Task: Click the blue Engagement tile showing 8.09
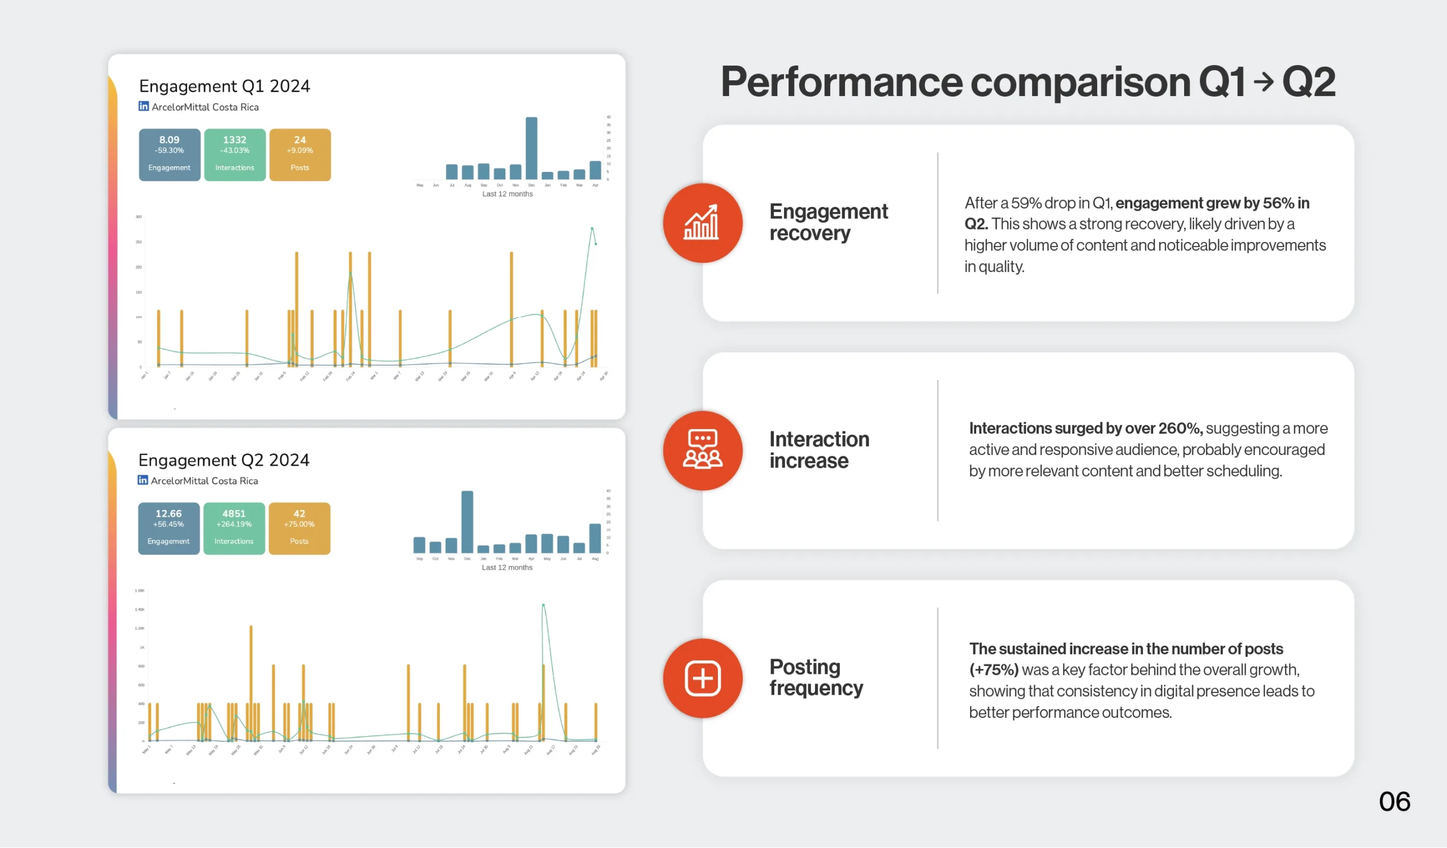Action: (x=170, y=154)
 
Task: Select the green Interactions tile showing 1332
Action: (x=235, y=154)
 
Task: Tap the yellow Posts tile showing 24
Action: (x=300, y=154)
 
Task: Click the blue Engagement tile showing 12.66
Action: (x=169, y=528)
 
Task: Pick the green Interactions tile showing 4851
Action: (x=233, y=528)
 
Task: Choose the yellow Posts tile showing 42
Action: (x=299, y=528)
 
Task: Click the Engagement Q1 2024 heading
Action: (x=224, y=86)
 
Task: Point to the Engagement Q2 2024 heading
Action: (x=224, y=460)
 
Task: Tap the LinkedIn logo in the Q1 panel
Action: (x=144, y=106)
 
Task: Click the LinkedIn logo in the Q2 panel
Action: (x=143, y=480)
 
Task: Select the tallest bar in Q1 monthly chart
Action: (x=531, y=148)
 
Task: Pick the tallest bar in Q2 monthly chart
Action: (x=467, y=521)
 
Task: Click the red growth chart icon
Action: (x=702, y=223)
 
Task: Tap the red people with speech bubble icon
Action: (x=702, y=450)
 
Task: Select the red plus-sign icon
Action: (x=702, y=678)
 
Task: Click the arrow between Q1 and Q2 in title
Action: (x=1263, y=82)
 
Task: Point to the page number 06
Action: (x=1394, y=802)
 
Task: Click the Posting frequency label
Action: (x=816, y=677)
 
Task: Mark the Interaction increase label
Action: (x=819, y=449)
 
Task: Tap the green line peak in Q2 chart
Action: (x=543, y=604)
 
